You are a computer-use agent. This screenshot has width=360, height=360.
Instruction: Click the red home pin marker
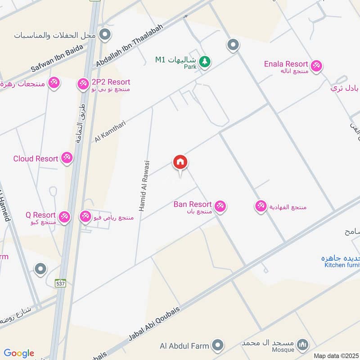coord(180,162)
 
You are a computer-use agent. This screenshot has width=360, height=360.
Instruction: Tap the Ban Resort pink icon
coord(220,206)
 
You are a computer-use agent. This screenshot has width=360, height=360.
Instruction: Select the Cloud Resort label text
coord(36,158)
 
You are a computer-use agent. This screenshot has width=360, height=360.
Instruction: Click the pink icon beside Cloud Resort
coord(67,157)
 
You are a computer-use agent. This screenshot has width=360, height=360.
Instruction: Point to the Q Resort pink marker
coord(64,217)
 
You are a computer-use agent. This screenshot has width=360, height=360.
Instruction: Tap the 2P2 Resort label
coord(111,82)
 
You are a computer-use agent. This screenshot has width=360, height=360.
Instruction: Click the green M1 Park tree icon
coord(205,62)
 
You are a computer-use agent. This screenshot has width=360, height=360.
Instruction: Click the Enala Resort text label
coord(286,64)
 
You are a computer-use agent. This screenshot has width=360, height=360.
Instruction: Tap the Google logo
coord(18,353)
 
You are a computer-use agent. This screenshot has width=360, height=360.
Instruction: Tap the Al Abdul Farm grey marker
coord(218,345)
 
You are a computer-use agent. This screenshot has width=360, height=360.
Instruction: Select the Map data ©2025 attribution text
coord(335,355)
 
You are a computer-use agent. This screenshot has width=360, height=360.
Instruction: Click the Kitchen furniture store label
coord(342,265)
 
